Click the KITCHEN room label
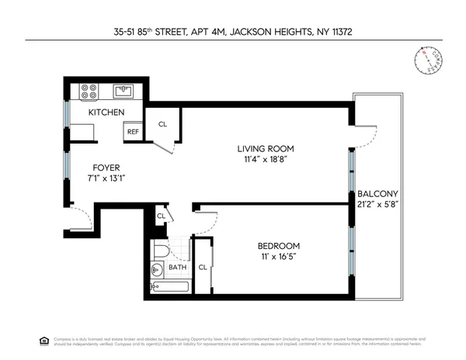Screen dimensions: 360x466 pyautogui.click(x=106, y=112)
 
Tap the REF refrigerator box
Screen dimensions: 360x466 pyautogui.click(x=133, y=132)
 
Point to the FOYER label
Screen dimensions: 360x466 pyautogui.click(x=106, y=167)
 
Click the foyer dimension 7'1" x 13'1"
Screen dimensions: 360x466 pyautogui.click(x=106, y=178)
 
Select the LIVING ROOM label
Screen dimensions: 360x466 pyautogui.click(x=266, y=149)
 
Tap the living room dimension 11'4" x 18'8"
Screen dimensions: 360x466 pyautogui.click(x=266, y=160)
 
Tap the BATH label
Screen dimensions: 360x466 pyautogui.click(x=177, y=268)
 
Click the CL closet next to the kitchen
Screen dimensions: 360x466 pyautogui.click(x=162, y=123)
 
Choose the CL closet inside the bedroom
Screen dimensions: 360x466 pyautogui.click(x=202, y=268)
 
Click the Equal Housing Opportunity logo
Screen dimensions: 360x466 pyautogui.click(x=43, y=340)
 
